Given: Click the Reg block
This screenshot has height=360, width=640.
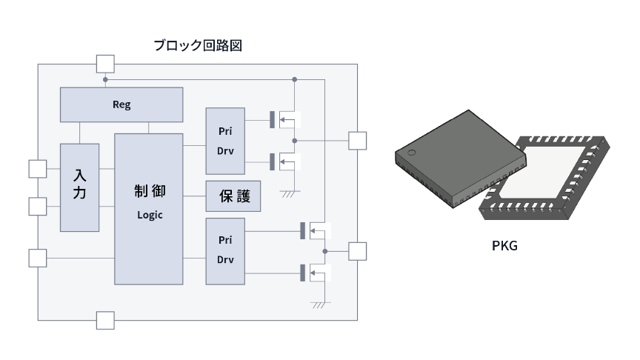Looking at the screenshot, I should (121, 104).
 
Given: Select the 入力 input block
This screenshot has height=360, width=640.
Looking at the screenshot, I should (80, 186).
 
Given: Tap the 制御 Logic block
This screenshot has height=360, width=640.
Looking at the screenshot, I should (148, 208).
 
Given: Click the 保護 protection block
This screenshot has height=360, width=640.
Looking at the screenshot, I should (234, 196).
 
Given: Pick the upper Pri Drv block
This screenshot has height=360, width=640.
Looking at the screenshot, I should (226, 141).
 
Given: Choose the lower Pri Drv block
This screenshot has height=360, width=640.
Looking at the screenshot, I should (226, 251).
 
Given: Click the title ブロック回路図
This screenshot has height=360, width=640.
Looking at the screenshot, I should (198, 45).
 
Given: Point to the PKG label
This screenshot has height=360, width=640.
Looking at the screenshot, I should (504, 245).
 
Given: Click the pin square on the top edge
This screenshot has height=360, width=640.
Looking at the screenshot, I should (105, 64).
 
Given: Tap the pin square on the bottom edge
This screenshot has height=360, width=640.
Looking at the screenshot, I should (105, 321).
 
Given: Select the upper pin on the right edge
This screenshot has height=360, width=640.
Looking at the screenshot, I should (357, 141).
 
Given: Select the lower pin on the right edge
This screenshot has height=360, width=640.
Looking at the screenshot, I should (357, 251).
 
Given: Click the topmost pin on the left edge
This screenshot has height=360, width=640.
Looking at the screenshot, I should (37, 169).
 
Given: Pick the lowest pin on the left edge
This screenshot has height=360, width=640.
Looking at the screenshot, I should (37, 258).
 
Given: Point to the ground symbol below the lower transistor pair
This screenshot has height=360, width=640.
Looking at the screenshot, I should (319, 304).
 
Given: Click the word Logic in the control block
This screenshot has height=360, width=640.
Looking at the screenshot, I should (149, 215).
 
